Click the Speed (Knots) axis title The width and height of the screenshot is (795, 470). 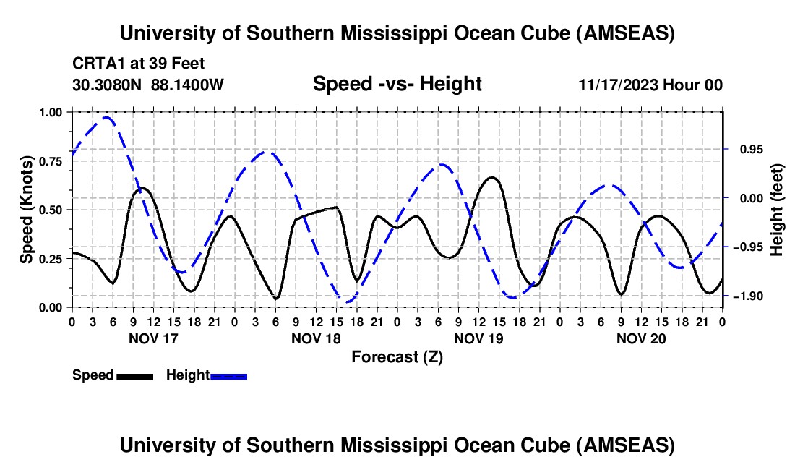(26, 210)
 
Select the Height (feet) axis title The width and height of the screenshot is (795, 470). (777, 210)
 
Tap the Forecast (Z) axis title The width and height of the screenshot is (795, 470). (397, 356)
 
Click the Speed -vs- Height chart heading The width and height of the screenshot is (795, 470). (397, 84)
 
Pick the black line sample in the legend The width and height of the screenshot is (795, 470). (134, 376)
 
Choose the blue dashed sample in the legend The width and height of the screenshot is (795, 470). (228, 376)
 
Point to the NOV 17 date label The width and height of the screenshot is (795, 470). (152, 338)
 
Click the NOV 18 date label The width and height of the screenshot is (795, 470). (316, 338)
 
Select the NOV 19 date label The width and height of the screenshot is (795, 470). (478, 338)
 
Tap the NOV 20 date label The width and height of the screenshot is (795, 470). (641, 338)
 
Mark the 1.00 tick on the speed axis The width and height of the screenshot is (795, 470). (50, 112)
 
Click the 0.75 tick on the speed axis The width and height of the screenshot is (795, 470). (50, 161)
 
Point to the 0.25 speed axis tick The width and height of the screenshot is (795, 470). (50, 259)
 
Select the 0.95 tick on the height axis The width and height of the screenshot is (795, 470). (744, 149)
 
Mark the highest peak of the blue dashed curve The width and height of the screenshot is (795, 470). (107, 117)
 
